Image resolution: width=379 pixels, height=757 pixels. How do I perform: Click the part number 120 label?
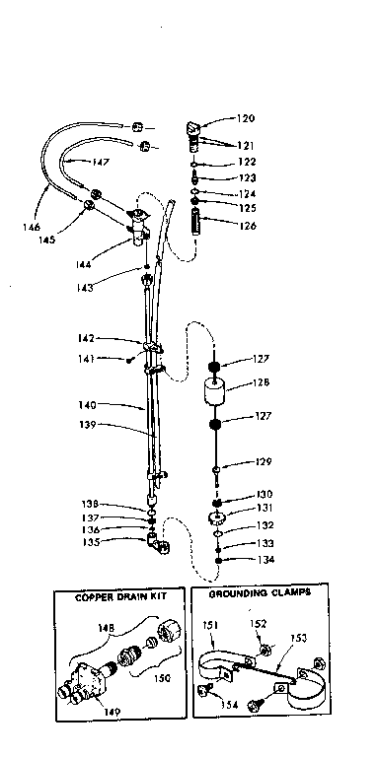point(246,117)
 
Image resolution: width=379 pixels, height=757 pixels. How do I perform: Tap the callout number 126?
point(246,225)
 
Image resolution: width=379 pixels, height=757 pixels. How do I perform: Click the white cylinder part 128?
point(217,392)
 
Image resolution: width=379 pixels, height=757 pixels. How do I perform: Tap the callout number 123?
point(246,178)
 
